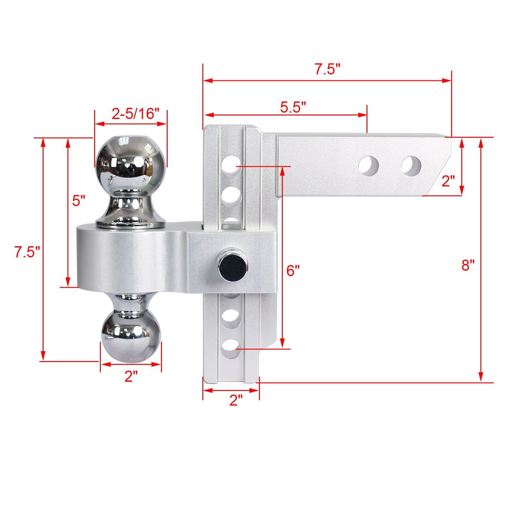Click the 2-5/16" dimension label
click(136, 114)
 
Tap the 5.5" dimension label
click(293, 107)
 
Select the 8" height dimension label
click(468, 265)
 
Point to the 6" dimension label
click(293, 271)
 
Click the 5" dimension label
click(79, 201)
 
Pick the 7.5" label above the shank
click(327, 69)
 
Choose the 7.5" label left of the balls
click(27, 252)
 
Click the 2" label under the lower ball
click(131, 377)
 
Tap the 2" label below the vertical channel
click(236, 400)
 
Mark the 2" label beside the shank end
click(448, 181)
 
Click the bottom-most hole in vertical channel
click(231, 349)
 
